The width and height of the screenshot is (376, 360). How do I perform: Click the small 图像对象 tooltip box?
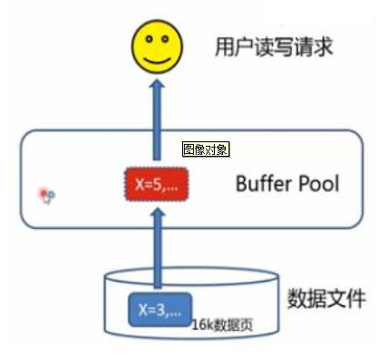coord(205,149)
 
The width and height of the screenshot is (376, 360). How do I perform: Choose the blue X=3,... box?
coord(158,308)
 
